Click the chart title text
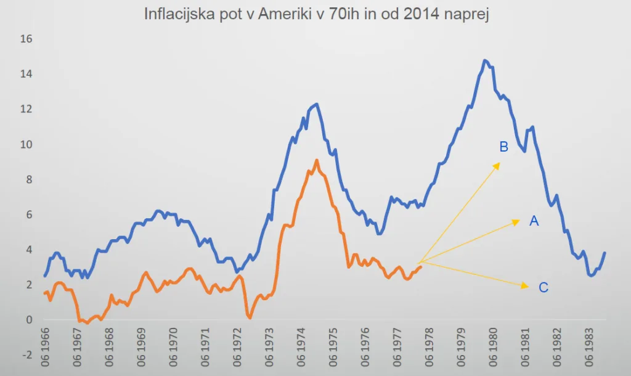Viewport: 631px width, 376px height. click(316, 14)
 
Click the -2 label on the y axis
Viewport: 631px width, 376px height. click(28, 356)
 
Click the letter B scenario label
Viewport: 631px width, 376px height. click(503, 147)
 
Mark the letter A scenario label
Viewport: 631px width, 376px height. click(534, 221)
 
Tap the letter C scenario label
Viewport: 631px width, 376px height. click(543, 287)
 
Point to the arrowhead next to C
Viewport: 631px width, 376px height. click(526, 285)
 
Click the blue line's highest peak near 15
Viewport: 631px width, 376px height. click(485, 60)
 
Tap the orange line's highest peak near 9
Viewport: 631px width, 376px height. click(316, 160)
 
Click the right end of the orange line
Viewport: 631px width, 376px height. click(420, 266)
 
